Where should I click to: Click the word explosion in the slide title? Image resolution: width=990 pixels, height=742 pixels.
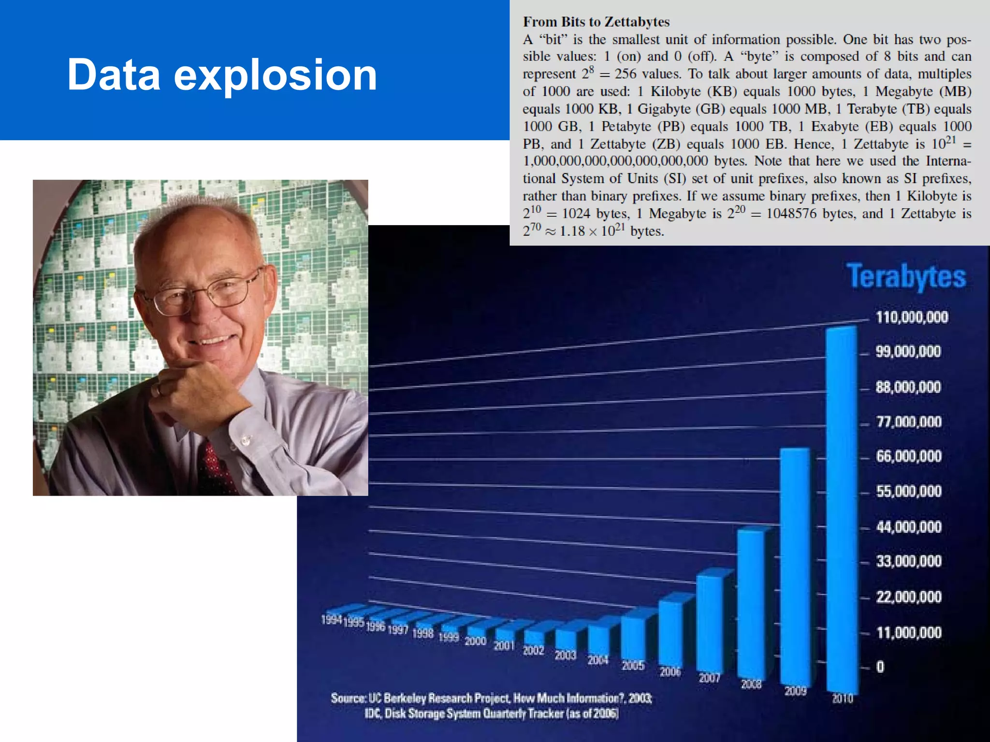pos(275,75)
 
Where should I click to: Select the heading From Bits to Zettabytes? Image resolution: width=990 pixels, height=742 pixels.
pos(596,22)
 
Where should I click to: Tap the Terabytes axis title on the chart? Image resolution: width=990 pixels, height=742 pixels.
pos(906,277)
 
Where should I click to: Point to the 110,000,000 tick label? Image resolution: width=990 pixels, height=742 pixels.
pos(912,317)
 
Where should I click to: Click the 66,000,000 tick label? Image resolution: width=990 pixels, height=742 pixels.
pos(909,456)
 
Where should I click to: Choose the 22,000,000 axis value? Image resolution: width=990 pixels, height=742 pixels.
pos(909,597)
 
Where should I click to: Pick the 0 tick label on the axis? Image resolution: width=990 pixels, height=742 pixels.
pos(880,667)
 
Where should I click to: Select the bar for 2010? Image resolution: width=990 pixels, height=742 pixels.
pos(842,507)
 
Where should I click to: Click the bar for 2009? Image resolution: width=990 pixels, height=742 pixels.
pos(795,565)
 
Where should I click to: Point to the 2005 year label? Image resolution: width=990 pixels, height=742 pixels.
pos(633,666)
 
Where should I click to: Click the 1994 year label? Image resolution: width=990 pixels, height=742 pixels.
pos(332,619)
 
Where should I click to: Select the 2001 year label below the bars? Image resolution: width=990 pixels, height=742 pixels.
pos(504,645)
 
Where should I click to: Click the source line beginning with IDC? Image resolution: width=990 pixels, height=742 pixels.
pos(491,713)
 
